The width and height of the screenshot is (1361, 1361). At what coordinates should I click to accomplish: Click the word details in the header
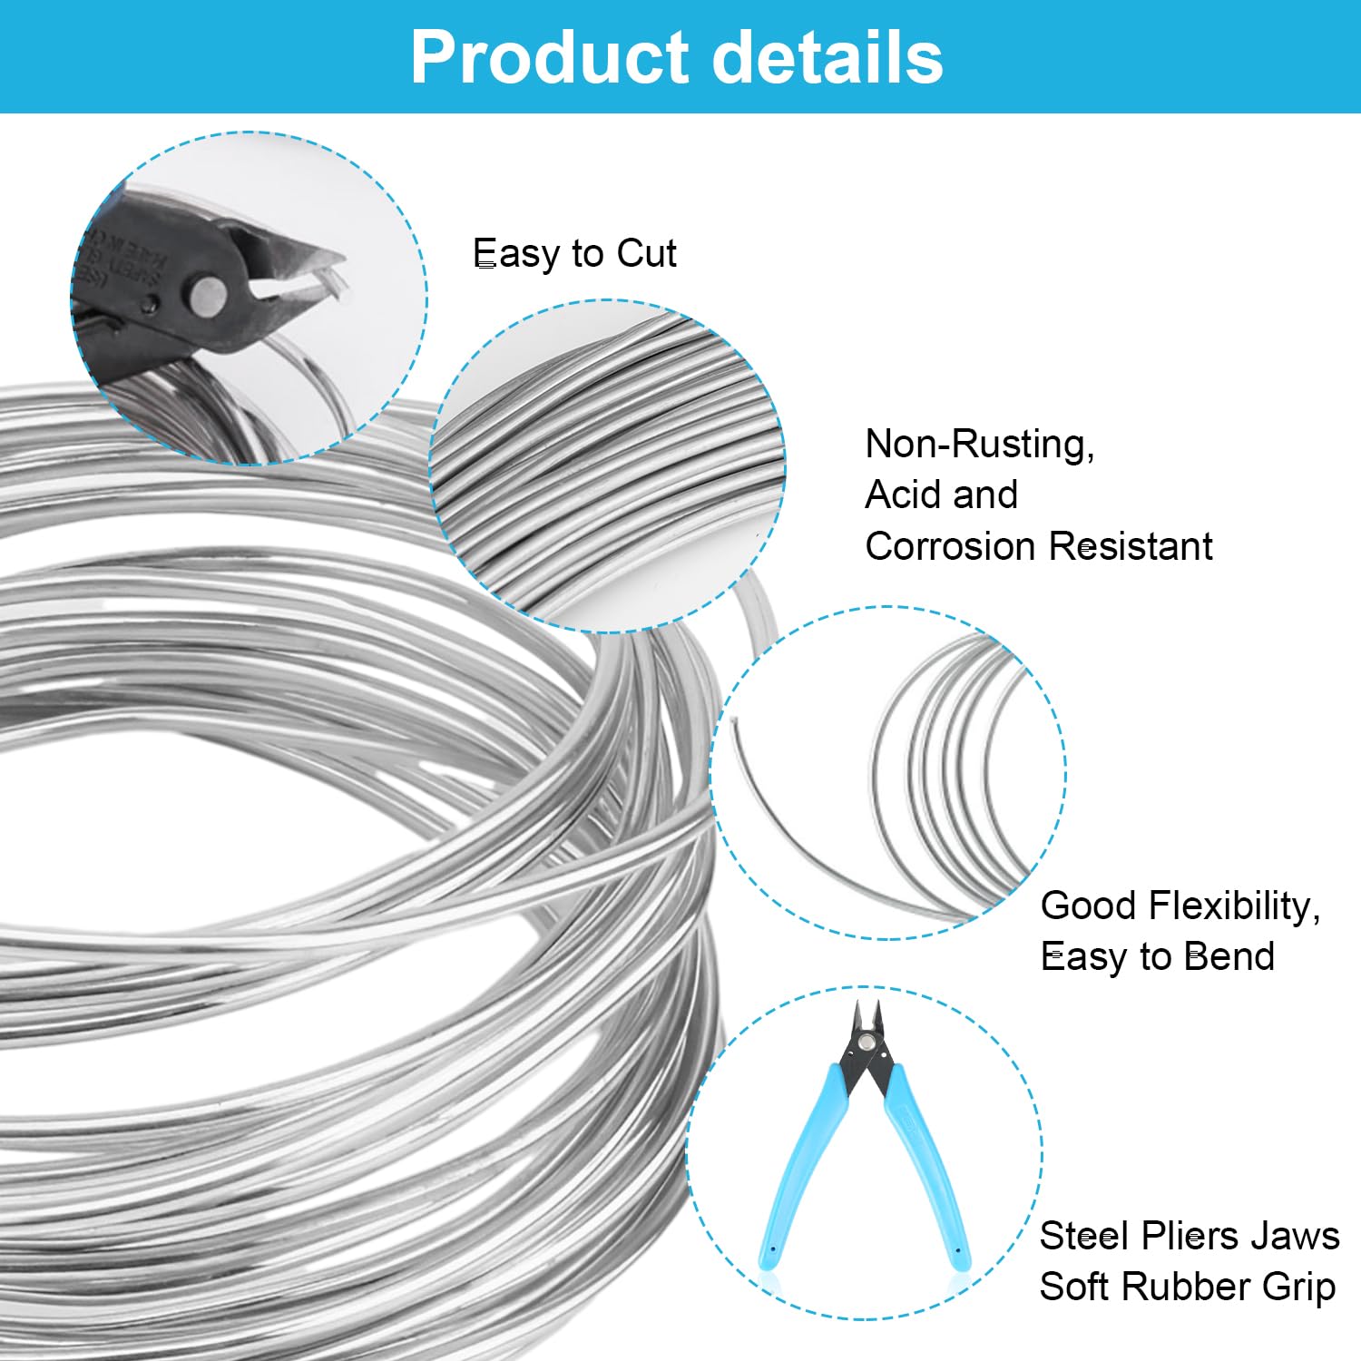[827, 57]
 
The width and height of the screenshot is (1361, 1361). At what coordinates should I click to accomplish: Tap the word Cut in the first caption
[646, 253]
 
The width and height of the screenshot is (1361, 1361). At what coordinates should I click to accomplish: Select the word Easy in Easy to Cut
[511, 254]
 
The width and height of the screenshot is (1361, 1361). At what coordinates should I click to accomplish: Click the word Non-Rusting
[980, 445]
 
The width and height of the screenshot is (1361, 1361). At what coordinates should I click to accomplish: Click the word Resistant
[1131, 546]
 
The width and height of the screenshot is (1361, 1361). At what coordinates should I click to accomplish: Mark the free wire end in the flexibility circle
[733, 723]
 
